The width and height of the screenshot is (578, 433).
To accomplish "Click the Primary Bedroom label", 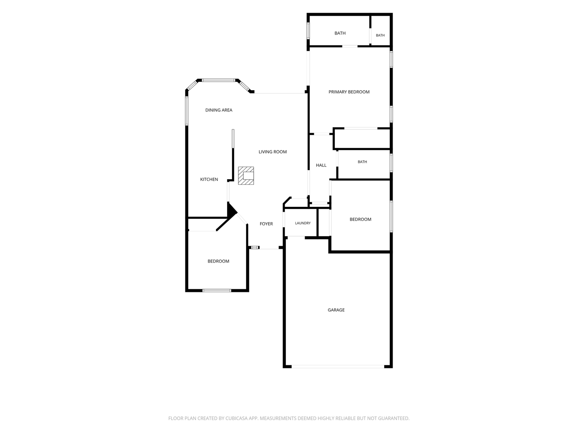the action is (349, 92).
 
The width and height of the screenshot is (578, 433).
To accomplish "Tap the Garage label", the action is (336, 310).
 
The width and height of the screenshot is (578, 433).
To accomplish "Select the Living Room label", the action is (273, 152).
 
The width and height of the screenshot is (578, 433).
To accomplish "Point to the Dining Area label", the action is (219, 110).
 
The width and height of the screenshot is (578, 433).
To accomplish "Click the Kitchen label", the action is (209, 179).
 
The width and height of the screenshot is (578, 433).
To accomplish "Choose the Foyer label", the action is (266, 224).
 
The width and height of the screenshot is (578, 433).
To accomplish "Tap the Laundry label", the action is (303, 223).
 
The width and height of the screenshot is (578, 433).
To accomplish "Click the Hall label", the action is (321, 165).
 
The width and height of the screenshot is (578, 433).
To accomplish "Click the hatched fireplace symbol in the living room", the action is (246, 175).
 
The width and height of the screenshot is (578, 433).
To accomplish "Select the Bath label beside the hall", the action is (362, 162).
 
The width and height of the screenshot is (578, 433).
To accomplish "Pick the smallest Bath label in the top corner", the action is (380, 35).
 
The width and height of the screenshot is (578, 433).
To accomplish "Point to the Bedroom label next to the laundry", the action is (360, 219).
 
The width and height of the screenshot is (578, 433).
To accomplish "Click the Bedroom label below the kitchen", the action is (218, 261).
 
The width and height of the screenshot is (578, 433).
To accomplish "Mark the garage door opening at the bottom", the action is (338, 366).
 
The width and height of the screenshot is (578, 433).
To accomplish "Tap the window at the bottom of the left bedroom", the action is (217, 291).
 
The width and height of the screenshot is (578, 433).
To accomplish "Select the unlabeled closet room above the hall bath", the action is (362, 139).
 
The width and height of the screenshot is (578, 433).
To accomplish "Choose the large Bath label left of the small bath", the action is (340, 33).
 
